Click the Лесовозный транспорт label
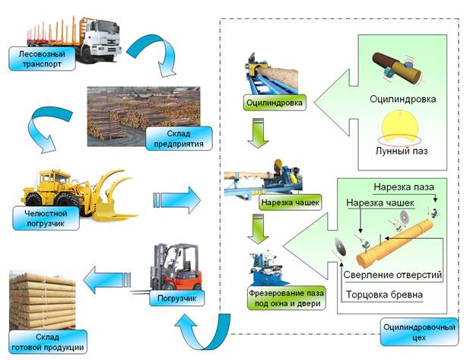[42, 59]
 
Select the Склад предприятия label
[179, 139]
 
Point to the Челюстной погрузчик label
[46, 218]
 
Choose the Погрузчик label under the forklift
[177, 298]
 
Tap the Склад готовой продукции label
[48, 342]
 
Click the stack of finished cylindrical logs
[42, 300]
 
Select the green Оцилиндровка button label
[275, 103]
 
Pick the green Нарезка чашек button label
[290, 202]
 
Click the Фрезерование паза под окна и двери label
[287, 298]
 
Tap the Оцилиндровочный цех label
[419, 332]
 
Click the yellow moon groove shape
[400, 126]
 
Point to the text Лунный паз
[402, 151]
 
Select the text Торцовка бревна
[384, 295]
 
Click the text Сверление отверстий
[392, 275]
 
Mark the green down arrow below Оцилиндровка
[258, 133]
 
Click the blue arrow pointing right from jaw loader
[177, 200]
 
